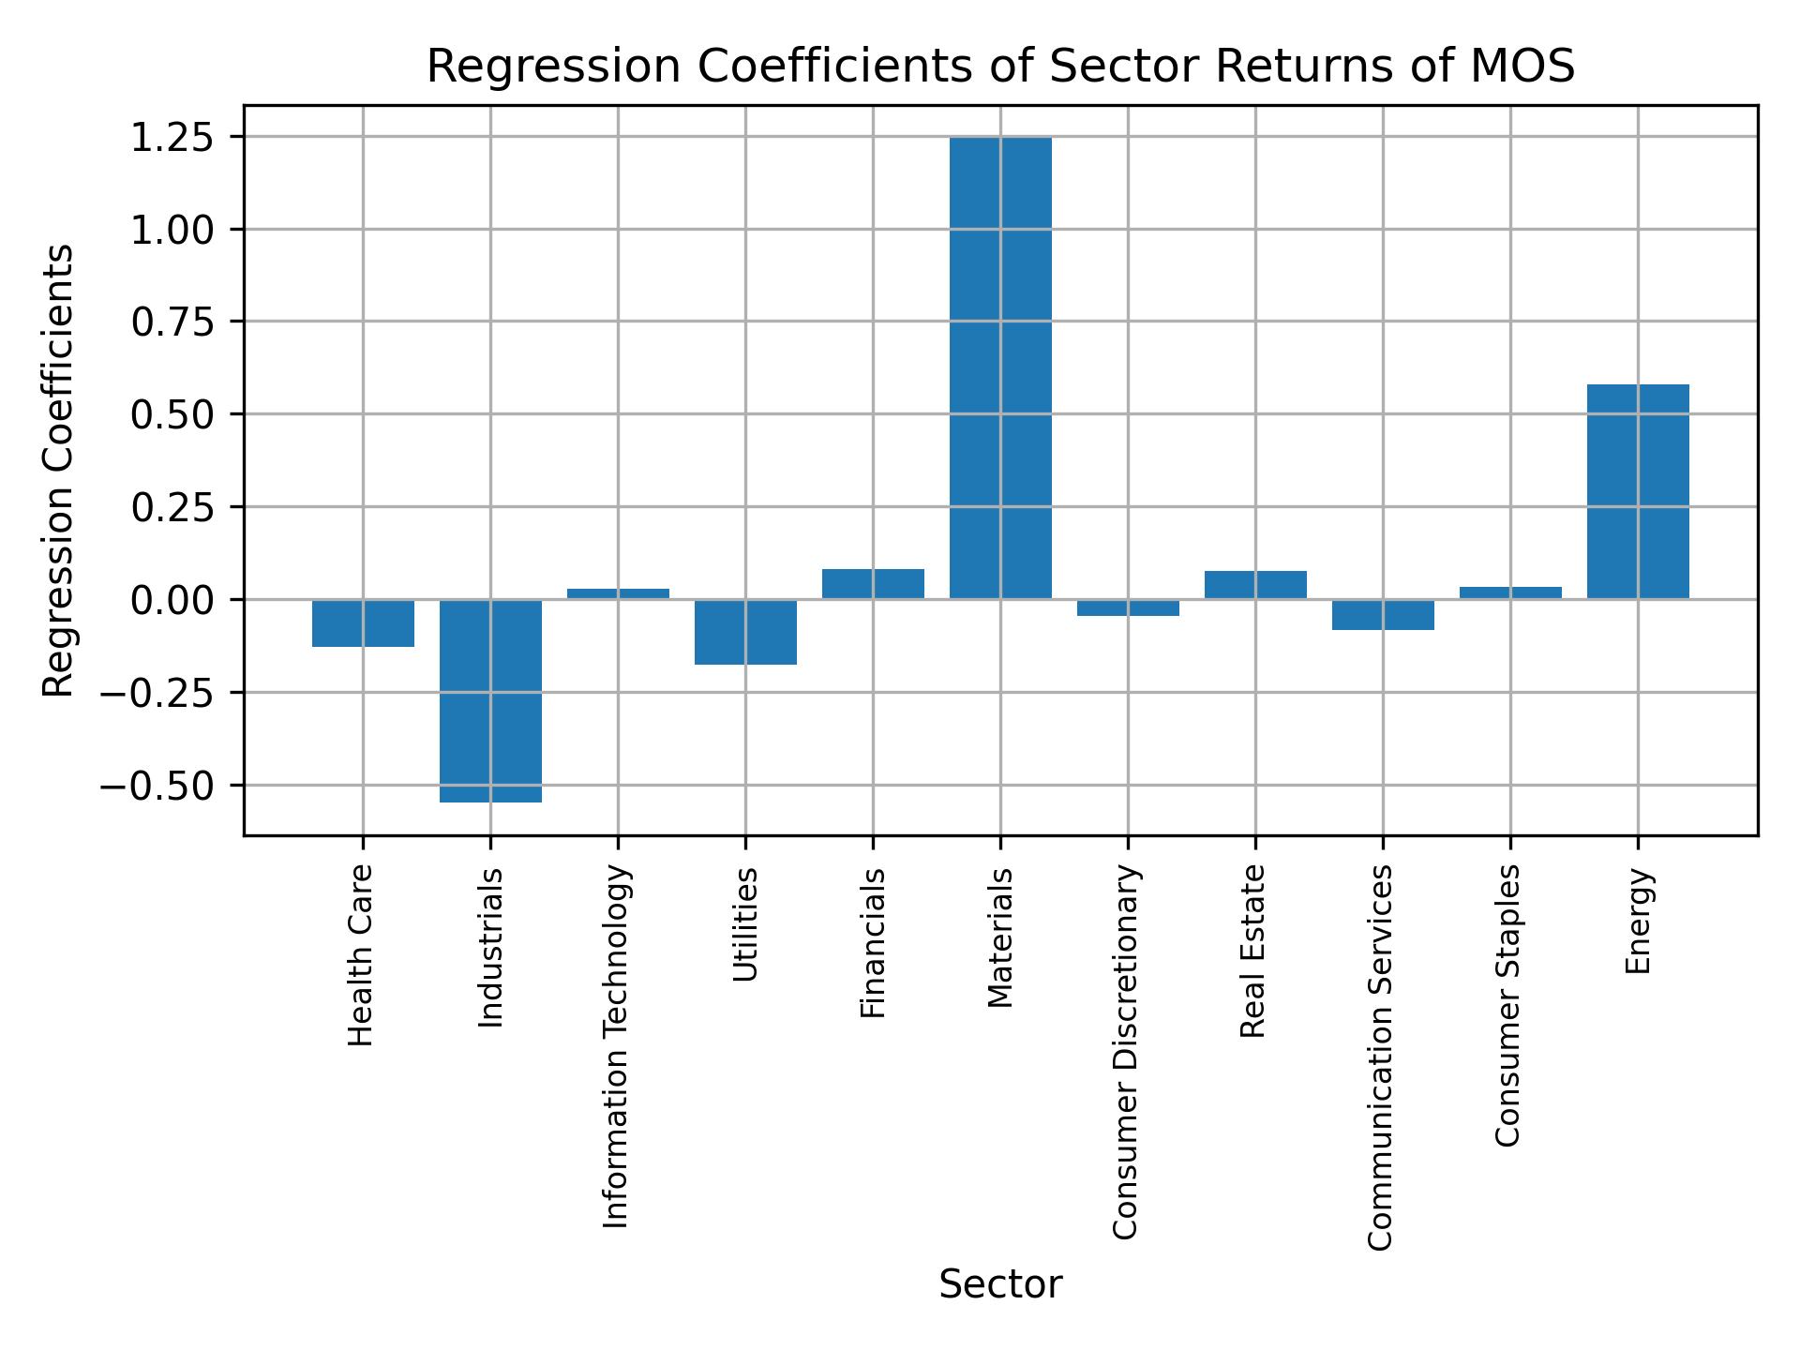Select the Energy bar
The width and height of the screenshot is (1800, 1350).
1638,491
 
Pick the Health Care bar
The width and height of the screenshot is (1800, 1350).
363,623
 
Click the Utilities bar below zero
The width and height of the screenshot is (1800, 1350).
745,632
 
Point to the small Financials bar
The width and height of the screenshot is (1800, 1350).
873,584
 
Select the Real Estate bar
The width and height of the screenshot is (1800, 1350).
1255,585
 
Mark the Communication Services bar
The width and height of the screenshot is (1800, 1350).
1383,615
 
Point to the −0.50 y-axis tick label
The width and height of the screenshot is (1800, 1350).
157,786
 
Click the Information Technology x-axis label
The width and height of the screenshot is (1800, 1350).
616,1046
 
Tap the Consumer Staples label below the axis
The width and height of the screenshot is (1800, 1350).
1507,1005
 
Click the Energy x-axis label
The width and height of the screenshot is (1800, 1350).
1637,922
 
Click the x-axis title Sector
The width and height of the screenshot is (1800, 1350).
1000,1285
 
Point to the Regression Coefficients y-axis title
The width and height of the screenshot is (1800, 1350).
59,471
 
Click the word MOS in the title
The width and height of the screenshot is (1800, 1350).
1524,67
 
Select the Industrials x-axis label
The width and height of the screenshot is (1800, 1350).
490,948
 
